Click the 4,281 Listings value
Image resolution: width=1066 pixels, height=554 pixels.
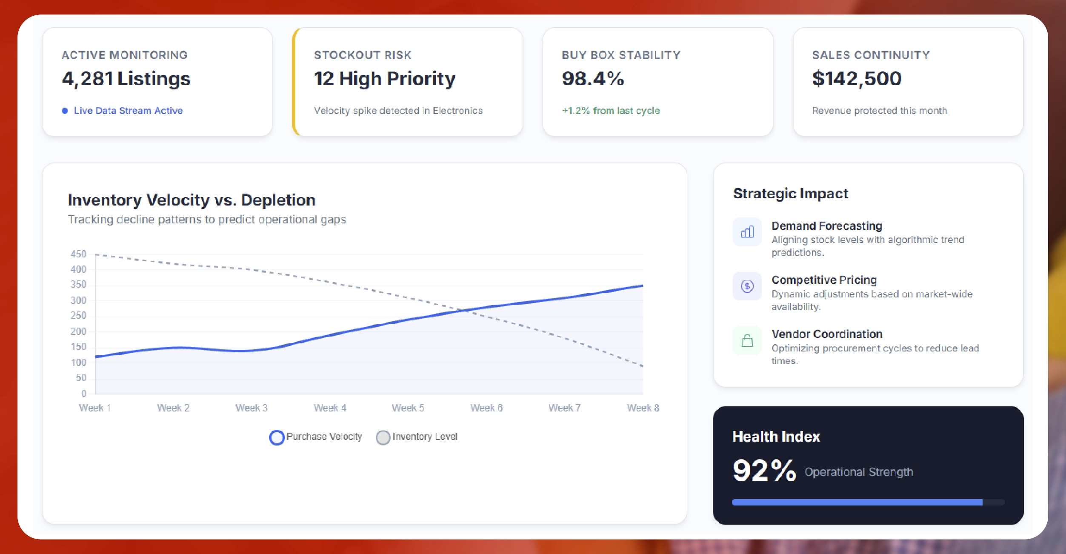pyautogui.click(x=126, y=79)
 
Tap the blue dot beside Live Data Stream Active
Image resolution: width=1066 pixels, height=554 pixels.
pyautogui.click(x=65, y=111)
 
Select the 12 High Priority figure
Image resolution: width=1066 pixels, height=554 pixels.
pyautogui.click(x=384, y=79)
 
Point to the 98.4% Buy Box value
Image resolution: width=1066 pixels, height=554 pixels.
pyautogui.click(x=592, y=79)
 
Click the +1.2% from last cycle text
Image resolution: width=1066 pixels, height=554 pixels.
pyautogui.click(x=610, y=111)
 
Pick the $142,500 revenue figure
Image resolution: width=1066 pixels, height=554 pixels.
pyautogui.click(x=856, y=79)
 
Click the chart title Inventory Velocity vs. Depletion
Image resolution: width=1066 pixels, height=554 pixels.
pyautogui.click(x=191, y=200)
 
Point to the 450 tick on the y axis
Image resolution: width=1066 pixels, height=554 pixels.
pyautogui.click(x=78, y=254)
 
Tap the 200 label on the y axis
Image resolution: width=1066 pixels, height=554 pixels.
pyautogui.click(x=78, y=331)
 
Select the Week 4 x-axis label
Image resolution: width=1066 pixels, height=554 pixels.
pyautogui.click(x=330, y=408)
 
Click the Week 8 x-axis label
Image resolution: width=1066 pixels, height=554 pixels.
pyautogui.click(x=643, y=408)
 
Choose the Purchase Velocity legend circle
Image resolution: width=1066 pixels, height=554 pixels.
pyautogui.click(x=277, y=437)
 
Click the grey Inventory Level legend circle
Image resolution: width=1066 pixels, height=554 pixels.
pyautogui.click(x=383, y=437)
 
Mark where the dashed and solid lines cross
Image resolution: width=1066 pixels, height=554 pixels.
pyautogui.click(x=465, y=310)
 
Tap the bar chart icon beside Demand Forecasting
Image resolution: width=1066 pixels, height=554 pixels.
pyautogui.click(x=747, y=232)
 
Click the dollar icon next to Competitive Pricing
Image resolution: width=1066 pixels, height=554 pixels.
pyautogui.click(x=747, y=286)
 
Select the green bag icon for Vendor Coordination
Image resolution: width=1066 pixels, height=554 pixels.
pyautogui.click(x=747, y=340)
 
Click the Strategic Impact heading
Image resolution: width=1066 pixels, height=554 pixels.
pyautogui.click(x=790, y=194)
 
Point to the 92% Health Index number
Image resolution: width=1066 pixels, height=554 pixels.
pyautogui.click(x=764, y=471)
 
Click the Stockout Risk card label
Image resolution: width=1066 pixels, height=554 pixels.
pyautogui.click(x=363, y=55)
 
